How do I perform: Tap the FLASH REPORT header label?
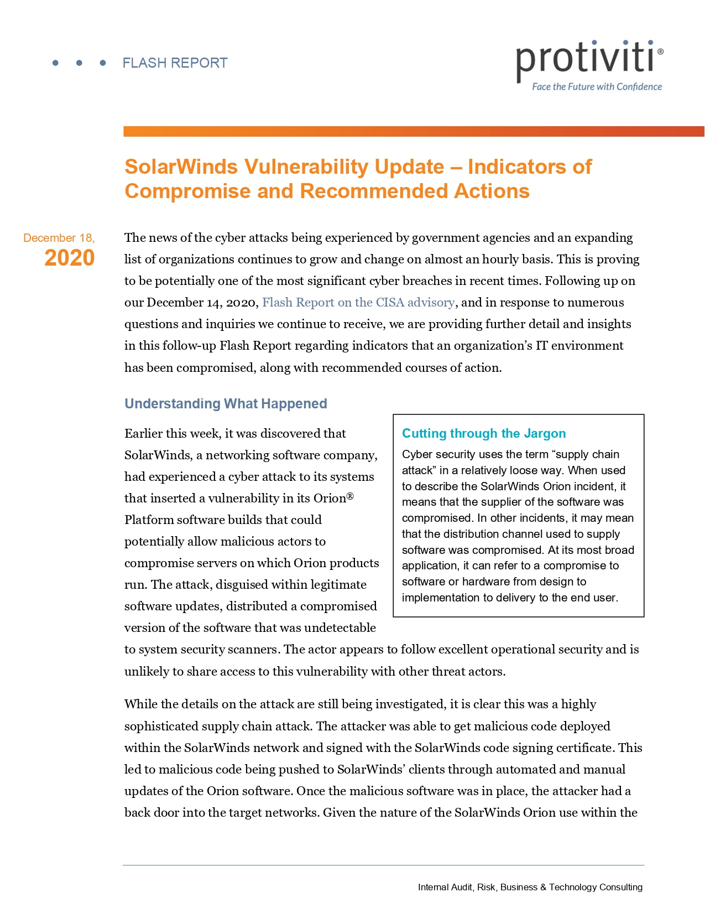(175, 63)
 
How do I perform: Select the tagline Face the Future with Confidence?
(597, 87)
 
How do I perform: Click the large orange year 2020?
(70, 258)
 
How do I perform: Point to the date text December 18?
(59, 238)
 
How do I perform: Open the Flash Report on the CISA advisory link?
(358, 303)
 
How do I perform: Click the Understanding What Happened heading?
(226, 404)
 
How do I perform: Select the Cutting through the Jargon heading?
(484, 434)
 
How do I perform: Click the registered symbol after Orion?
(350, 496)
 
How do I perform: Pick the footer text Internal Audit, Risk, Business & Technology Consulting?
(530, 887)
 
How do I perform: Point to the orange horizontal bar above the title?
(414, 132)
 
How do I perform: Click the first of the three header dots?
(55, 63)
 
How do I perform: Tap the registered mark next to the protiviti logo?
(661, 51)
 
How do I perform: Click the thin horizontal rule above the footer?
(383, 865)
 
